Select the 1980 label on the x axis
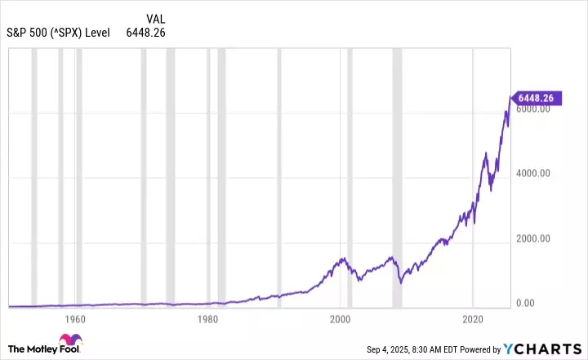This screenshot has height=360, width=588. coord(207,318)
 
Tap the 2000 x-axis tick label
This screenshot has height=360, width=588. coord(341,318)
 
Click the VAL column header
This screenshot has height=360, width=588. coord(157,19)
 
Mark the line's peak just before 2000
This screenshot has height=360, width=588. coord(339,259)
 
